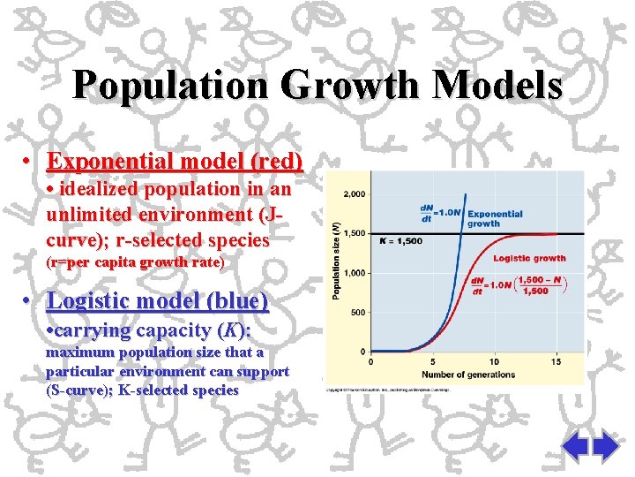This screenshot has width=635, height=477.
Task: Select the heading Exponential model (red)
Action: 175,162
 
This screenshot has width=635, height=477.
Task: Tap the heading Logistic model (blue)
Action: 158,300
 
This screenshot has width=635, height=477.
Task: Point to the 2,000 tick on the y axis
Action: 355,194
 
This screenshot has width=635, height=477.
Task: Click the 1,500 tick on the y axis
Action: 355,233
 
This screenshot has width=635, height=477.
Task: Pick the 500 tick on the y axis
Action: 359,312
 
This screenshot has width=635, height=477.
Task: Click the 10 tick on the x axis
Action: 494,361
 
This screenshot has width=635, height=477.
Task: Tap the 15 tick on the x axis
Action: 556,361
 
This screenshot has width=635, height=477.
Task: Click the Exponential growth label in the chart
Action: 495,218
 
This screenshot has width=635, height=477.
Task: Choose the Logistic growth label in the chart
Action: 529,259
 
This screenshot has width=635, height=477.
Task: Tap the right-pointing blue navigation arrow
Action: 606,446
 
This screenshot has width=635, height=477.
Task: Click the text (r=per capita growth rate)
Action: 135,262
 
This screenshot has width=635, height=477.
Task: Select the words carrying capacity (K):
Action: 151,330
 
